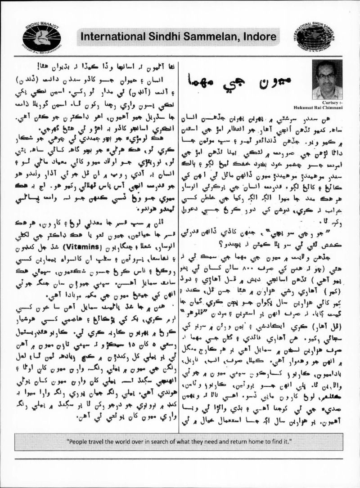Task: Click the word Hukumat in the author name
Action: point(314,107)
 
